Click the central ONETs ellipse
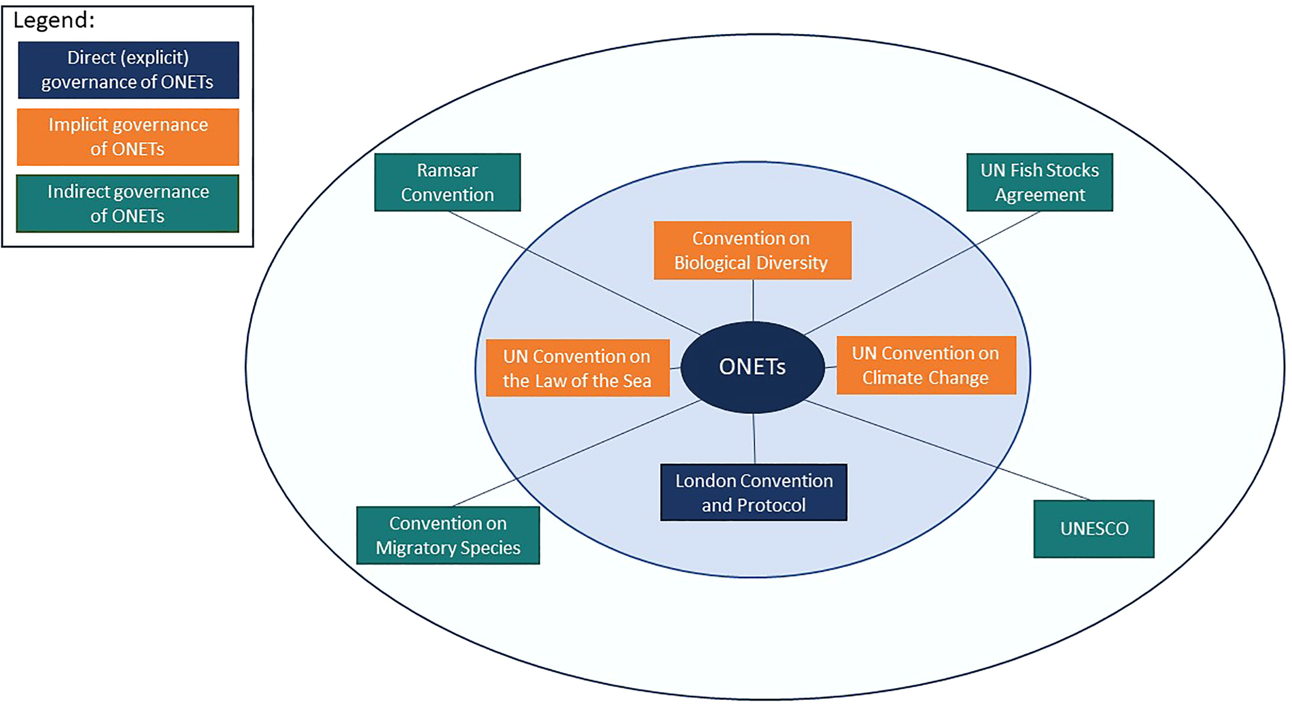[752, 367]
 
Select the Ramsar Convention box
[447, 182]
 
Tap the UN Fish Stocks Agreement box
[1039, 182]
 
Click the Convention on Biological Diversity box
[752, 250]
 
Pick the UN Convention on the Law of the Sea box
[577, 368]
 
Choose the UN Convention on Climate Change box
[926, 365]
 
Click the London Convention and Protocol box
[753, 492]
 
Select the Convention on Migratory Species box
[448, 535]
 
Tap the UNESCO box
[1094, 528]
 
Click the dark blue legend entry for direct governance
[128, 70]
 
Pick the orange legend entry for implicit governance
[128, 136]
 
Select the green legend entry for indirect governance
[128, 203]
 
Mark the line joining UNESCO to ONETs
[946, 450]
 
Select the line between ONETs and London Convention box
[754, 438]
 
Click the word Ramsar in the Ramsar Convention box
[447, 170]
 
